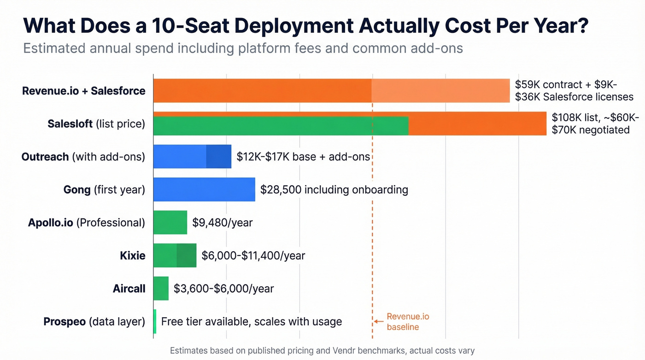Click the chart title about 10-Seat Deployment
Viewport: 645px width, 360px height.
305,25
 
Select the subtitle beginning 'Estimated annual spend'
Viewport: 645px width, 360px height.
243,48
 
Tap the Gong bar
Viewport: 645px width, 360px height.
204,189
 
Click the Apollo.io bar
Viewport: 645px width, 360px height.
170,223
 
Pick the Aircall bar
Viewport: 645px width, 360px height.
161,289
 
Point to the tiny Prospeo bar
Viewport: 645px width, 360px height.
155,321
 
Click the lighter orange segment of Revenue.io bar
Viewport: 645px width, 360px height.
440,90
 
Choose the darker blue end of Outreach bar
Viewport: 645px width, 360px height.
218,156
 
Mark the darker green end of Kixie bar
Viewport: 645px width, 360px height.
187,255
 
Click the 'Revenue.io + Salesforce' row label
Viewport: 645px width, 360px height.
84,91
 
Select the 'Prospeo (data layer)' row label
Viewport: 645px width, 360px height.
94,321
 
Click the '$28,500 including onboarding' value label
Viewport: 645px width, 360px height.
334,189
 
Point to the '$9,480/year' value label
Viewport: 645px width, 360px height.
223,223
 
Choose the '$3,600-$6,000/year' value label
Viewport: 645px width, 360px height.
223,289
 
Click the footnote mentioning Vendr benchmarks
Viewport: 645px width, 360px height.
322,351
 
